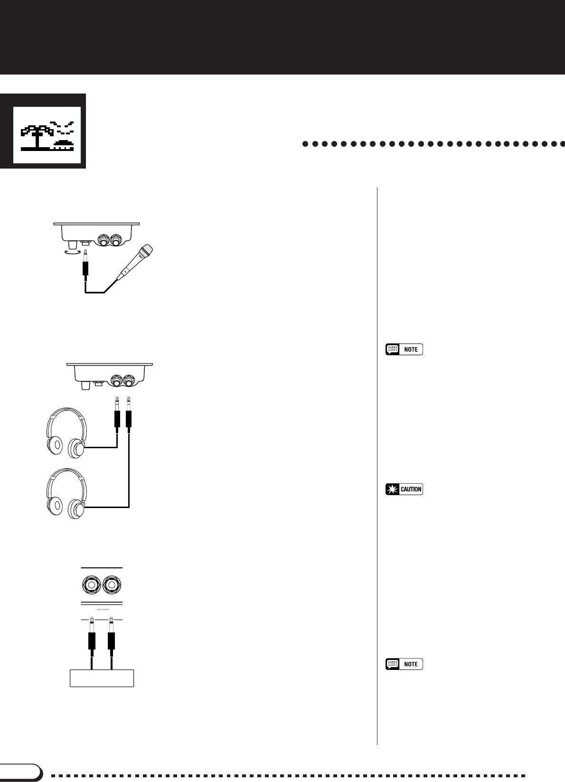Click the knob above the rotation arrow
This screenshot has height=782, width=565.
coord(73,243)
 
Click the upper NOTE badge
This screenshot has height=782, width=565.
coord(404,349)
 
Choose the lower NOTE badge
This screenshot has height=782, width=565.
coord(404,664)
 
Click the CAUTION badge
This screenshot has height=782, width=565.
coord(404,489)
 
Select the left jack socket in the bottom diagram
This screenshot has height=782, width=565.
coord(92,585)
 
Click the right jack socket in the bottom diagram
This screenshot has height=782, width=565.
coord(112,585)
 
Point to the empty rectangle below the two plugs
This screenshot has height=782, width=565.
coord(102,678)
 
